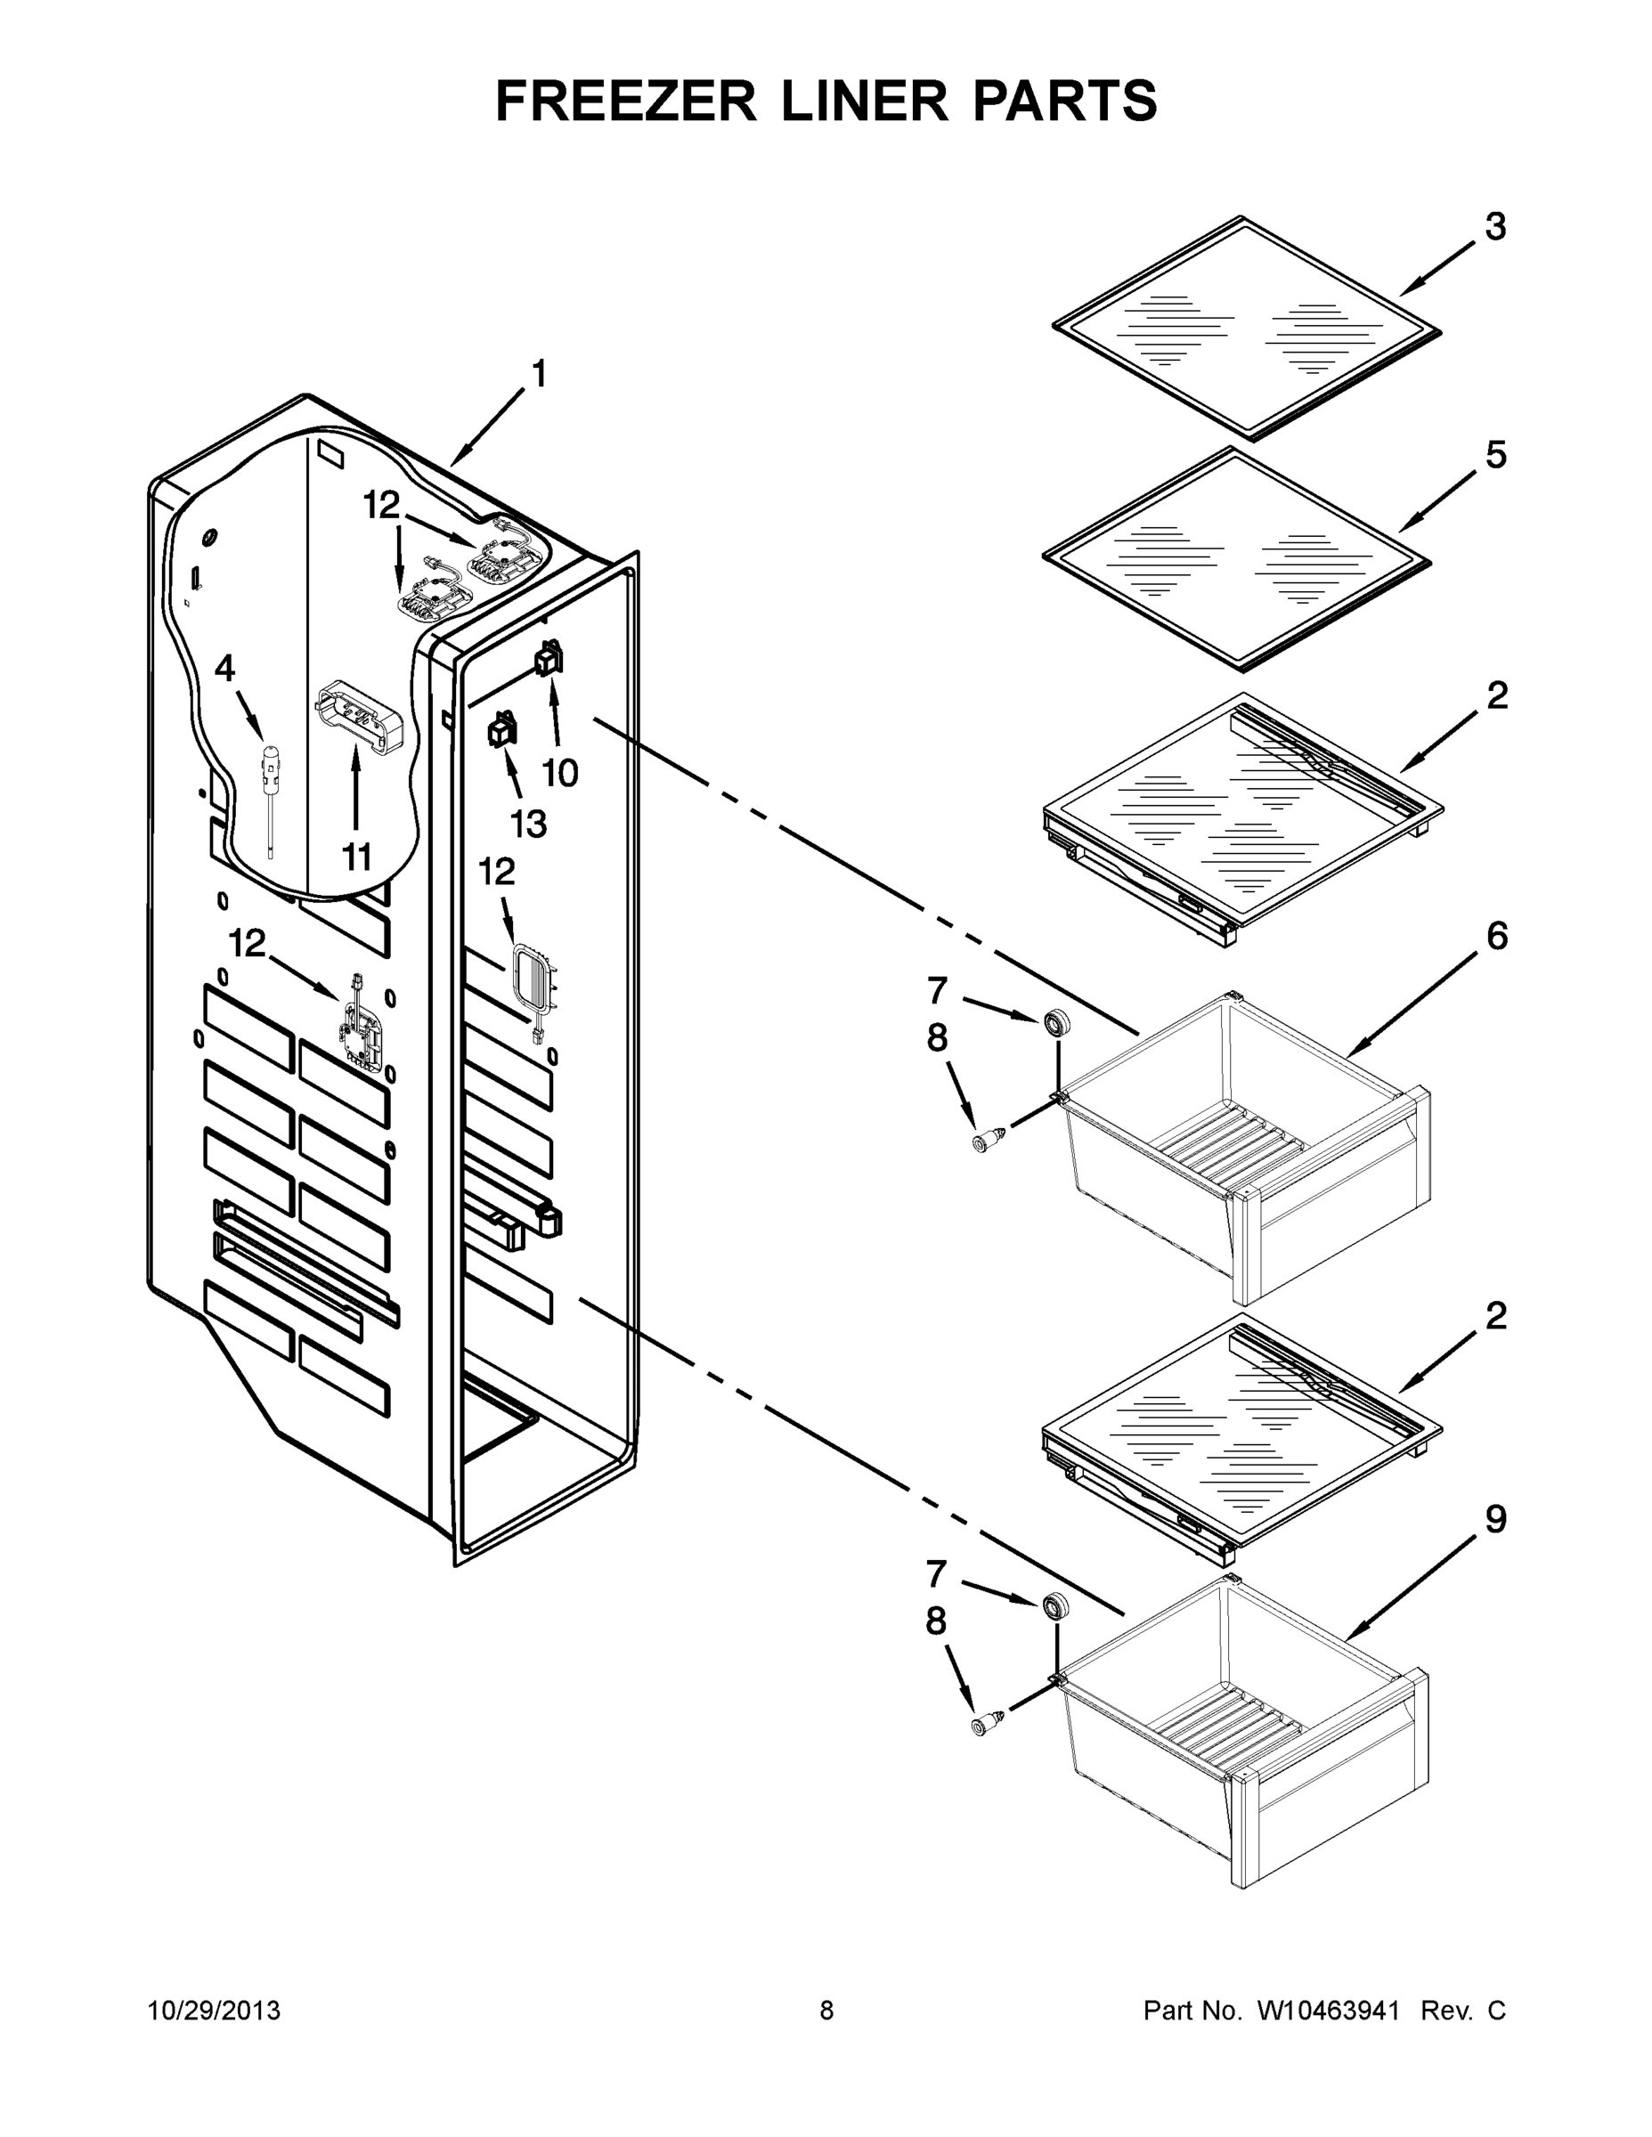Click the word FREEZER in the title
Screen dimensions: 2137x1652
click(626, 101)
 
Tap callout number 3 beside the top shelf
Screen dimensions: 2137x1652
click(1495, 227)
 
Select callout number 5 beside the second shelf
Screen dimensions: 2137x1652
click(1495, 455)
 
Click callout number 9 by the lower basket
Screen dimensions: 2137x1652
click(1495, 1520)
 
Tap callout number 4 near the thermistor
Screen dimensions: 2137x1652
click(225, 670)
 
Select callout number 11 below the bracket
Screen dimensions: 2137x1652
click(356, 857)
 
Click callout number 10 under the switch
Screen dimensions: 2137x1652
click(560, 773)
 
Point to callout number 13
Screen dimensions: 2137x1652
click(528, 824)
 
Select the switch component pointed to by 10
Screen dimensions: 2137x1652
click(549, 661)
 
